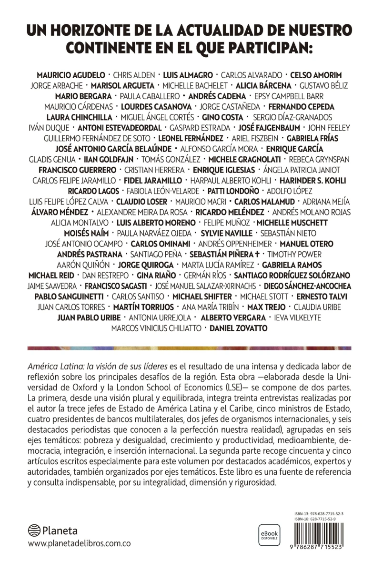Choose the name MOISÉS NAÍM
[x=86, y=233]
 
